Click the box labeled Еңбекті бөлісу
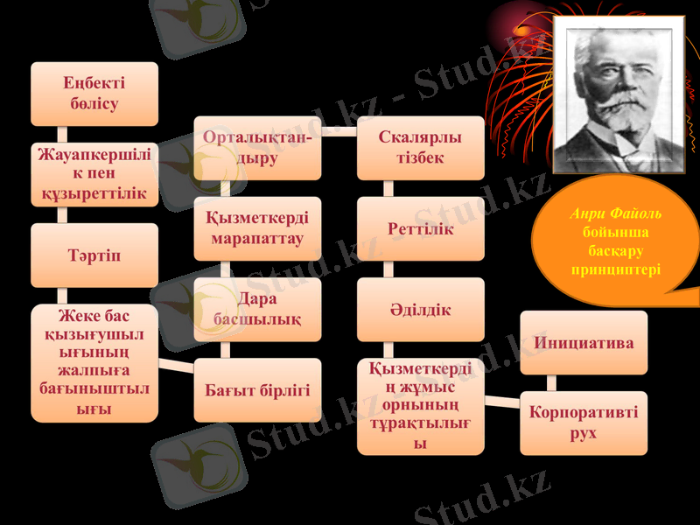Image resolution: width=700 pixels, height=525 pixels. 94,94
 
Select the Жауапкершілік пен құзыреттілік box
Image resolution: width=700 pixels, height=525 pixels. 94,174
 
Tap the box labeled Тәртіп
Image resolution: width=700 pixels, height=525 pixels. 94,255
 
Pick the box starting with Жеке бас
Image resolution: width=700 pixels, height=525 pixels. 94,362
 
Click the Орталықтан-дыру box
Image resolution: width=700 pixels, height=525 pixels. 257,148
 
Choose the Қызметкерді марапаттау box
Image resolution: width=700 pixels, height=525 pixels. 257,228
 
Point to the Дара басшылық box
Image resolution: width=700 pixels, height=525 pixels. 257,310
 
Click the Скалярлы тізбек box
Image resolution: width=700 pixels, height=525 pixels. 420,148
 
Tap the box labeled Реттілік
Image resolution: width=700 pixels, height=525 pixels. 420,228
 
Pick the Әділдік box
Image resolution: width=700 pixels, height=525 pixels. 420,310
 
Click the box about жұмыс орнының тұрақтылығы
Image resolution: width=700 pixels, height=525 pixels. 420,406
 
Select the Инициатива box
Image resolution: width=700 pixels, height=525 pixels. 584,342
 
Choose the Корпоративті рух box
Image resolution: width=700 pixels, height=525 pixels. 584,423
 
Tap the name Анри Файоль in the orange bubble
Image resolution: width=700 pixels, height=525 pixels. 615,213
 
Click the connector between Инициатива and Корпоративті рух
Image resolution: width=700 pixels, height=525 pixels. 551,382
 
